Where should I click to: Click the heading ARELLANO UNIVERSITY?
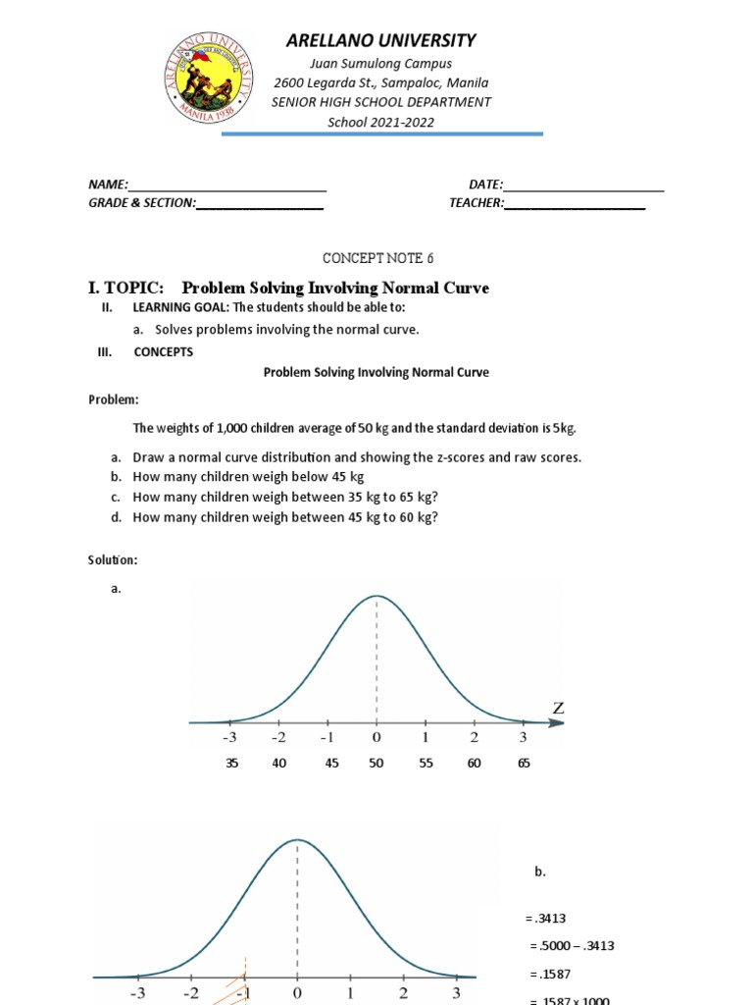[x=380, y=40]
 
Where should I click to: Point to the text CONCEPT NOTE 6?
[x=377, y=258]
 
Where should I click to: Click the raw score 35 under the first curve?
[x=231, y=764]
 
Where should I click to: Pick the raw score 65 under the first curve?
[x=523, y=764]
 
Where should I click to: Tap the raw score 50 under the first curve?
[x=376, y=764]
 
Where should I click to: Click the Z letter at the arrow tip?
[x=560, y=708]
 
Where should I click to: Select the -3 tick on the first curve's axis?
[x=229, y=737]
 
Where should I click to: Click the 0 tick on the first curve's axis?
[x=376, y=737]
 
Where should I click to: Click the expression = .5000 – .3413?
[x=572, y=946]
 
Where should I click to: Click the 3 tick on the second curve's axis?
[x=456, y=993]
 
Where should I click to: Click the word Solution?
[x=113, y=559]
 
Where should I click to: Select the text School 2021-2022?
[x=381, y=122]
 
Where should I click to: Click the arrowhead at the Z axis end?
[x=558, y=723]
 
